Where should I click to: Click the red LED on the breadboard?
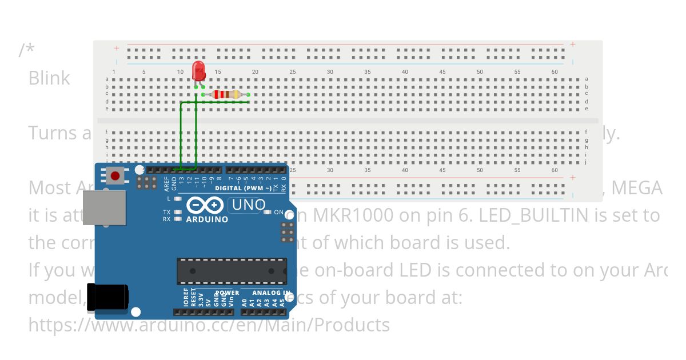point(199,72)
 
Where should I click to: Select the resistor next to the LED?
point(226,94)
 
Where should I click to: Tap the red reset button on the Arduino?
point(115,175)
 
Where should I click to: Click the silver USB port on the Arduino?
point(104,207)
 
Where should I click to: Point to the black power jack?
point(107,297)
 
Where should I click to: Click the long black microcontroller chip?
point(232,271)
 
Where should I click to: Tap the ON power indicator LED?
point(267,213)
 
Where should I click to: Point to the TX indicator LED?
point(178,213)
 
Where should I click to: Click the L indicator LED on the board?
point(178,199)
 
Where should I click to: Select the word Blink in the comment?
point(49,78)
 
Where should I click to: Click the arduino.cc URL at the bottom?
point(209,325)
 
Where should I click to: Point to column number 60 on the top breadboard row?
point(555,72)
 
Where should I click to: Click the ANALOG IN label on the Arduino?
point(272,293)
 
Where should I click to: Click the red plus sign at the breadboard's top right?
point(572,45)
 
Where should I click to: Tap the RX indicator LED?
point(178,219)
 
